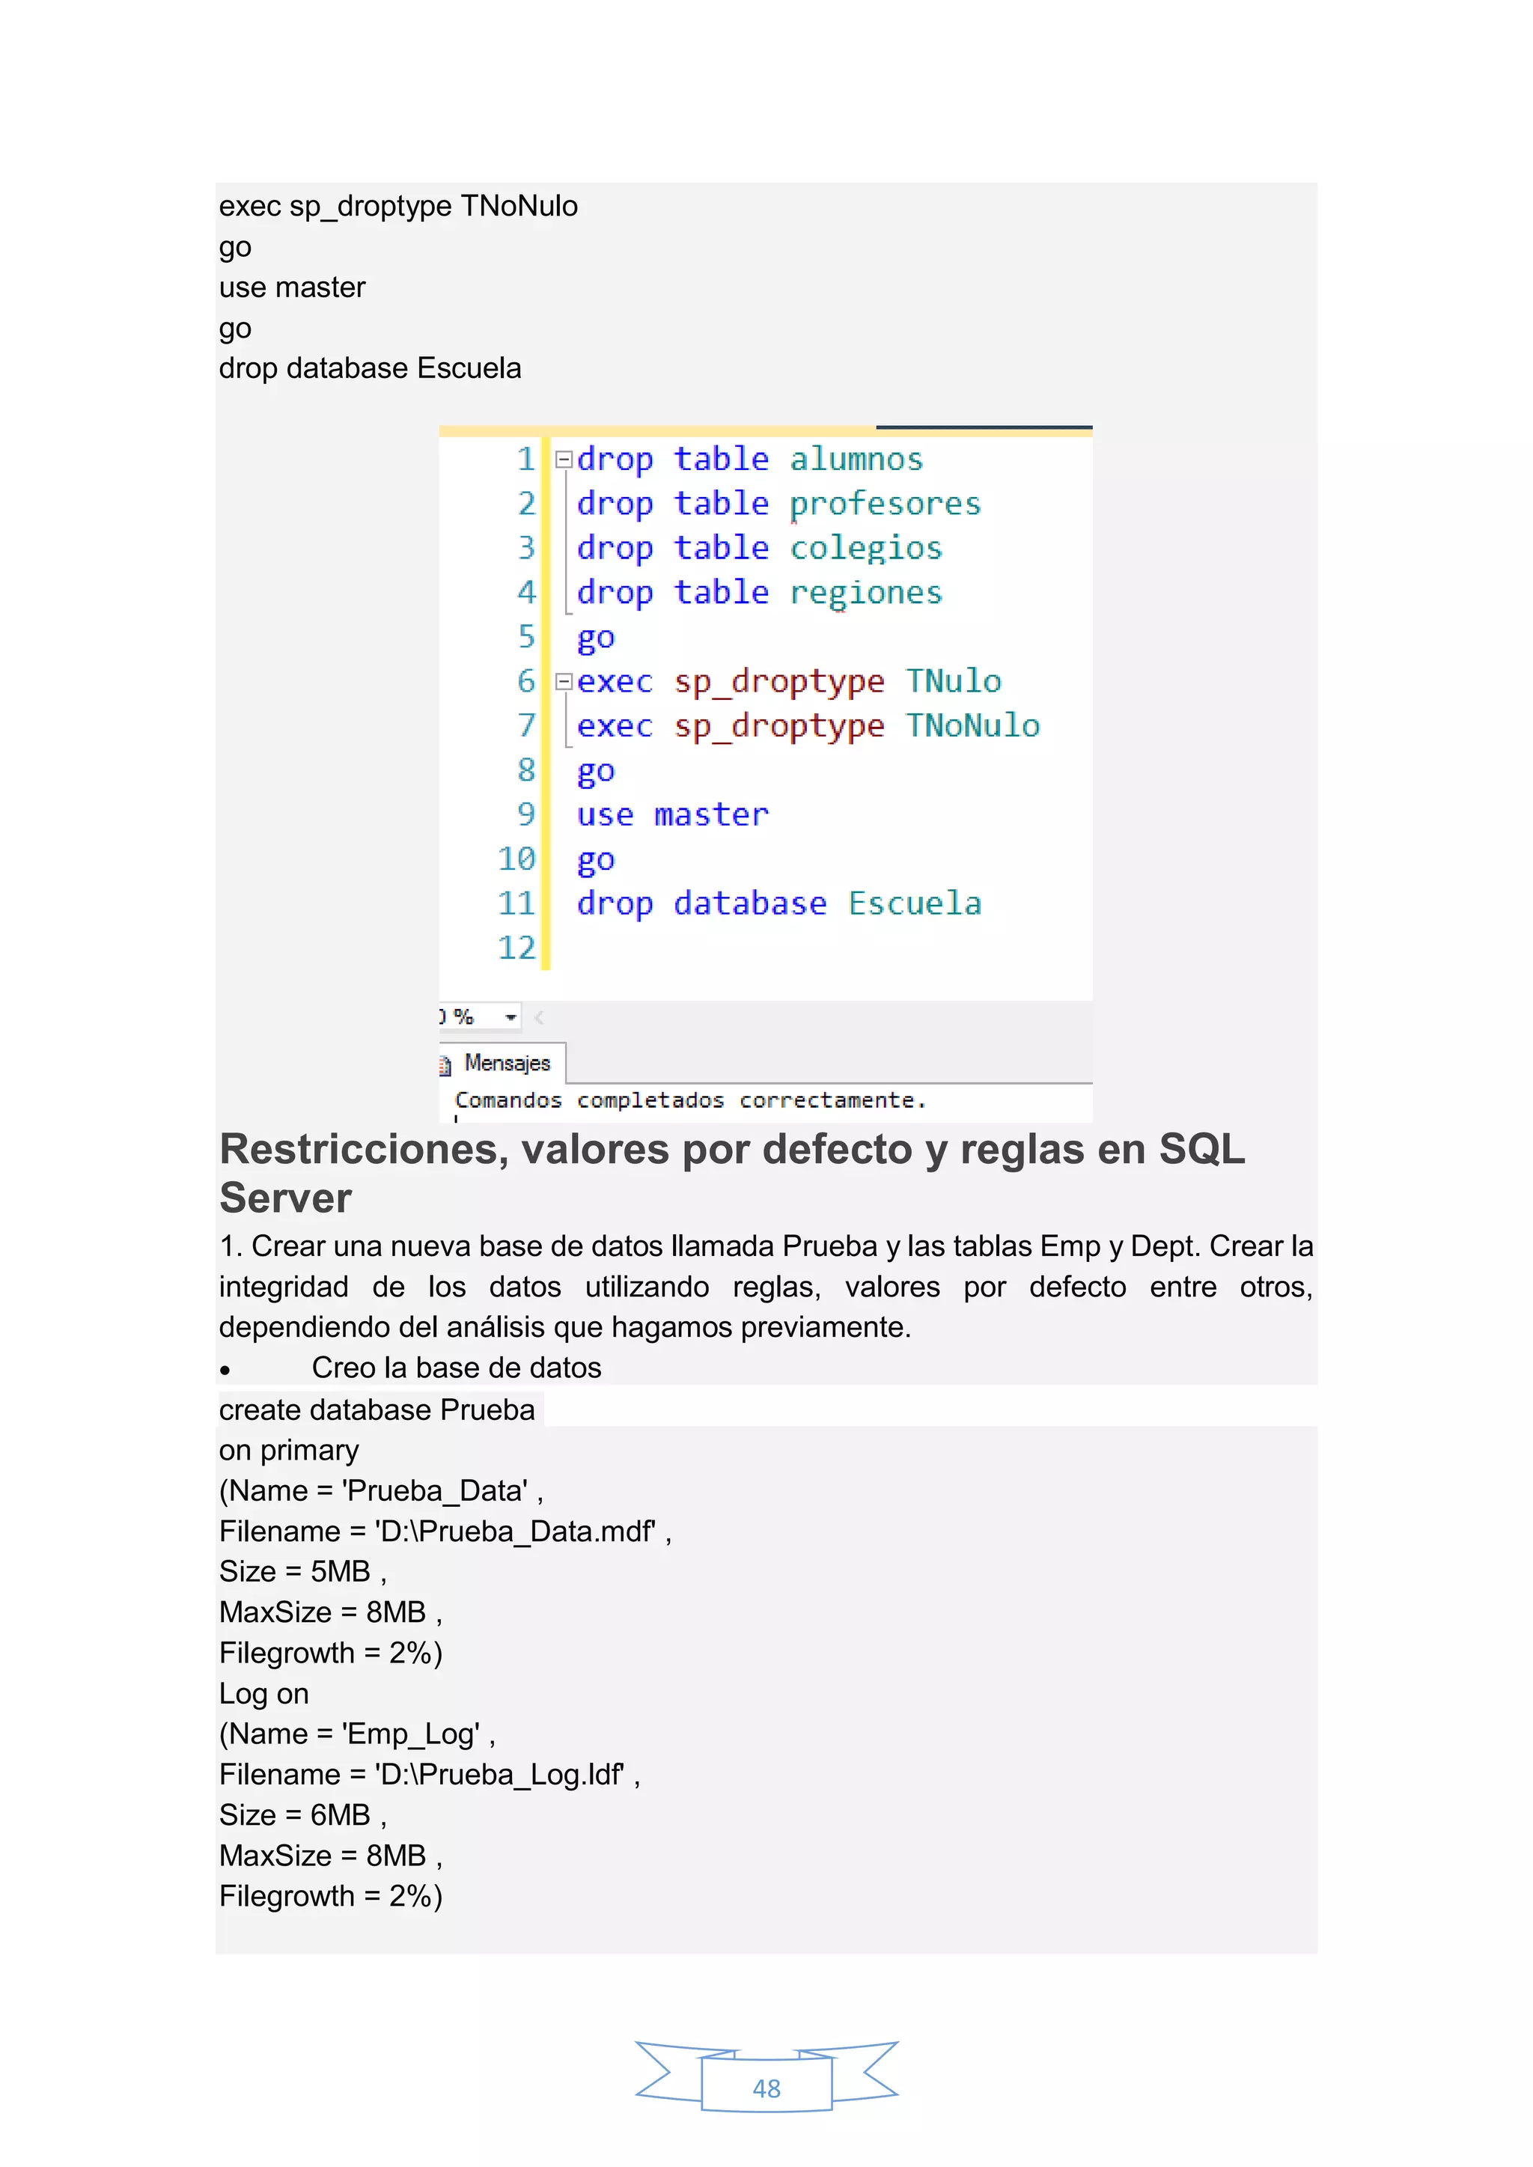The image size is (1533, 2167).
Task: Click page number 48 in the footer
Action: tap(766, 2088)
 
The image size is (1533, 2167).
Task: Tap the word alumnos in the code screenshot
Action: tap(856, 460)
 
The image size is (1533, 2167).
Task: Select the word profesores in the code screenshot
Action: tap(885, 504)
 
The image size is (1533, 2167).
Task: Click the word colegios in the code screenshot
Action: tap(865, 549)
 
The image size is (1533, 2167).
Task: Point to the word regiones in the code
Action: tap(865, 593)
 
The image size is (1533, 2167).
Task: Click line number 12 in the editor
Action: tap(516, 948)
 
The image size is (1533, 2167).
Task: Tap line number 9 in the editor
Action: tap(525, 814)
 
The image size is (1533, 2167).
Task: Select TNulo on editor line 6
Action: tap(954, 681)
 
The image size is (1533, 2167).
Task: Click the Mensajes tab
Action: tap(506, 1064)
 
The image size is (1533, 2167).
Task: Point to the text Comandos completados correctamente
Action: tap(690, 1100)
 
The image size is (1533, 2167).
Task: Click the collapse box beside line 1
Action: tap(564, 460)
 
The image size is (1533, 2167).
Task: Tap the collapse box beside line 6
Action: tap(564, 681)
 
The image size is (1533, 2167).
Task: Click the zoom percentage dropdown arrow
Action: tap(511, 1017)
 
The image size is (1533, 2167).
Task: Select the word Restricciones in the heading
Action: tap(364, 1150)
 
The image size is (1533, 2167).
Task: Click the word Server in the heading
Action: tap(285, 1198)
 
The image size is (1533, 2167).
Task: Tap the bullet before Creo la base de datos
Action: tap(225, 1371)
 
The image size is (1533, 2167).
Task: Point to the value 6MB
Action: tap(340, 1815)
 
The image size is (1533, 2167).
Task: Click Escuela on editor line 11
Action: tap(914, 903)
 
